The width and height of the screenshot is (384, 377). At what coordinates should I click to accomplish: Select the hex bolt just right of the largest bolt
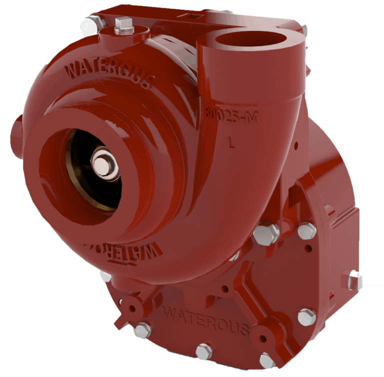click(x=306, y=231)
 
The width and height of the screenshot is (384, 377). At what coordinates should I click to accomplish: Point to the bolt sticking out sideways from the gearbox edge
click(x=354, y=280)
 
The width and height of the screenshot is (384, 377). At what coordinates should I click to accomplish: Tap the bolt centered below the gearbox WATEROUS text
click(x=204, y=351)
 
